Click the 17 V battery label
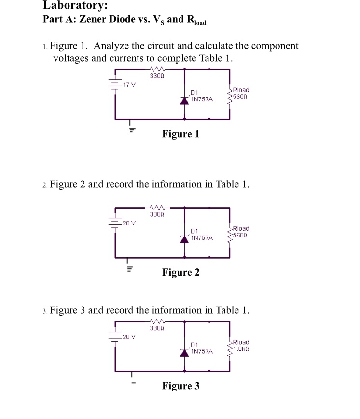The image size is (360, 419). click(129, 85)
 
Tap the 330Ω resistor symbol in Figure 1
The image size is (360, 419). click(156, 70)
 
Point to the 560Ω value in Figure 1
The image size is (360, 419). click(241, 97)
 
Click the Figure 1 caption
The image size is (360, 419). click(180, 134)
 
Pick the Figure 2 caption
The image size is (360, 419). click(180, 272)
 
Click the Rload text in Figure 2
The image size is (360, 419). click(241, 228)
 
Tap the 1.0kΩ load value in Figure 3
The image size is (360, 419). click(241, 349)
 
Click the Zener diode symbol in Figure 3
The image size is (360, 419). click(184, 352)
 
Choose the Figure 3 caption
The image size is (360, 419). click(180, 386)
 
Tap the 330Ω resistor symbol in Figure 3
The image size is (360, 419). click(156, 322)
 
